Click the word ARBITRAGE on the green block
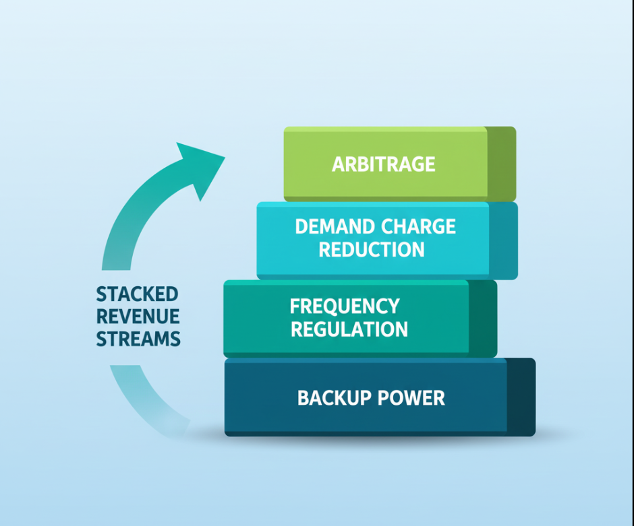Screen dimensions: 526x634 click(x=383, y=164)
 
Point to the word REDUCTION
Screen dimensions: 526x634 click(x=372, y=250)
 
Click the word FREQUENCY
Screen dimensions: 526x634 click(x=345, y=306)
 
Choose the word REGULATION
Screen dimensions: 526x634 click(x=349, y=330)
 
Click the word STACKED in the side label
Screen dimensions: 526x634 click(x=137, y=294)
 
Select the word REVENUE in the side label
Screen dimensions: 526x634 click(x=138, y=317)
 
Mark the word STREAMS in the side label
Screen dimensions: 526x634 click(x=138, y=339)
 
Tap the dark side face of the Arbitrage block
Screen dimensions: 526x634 click(x=500, y=163)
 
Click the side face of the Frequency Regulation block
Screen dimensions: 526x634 click(x=482, y=318)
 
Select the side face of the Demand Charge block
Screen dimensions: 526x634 click(x=502, y=240)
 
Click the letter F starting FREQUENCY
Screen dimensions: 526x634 click(x=295, y=306)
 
